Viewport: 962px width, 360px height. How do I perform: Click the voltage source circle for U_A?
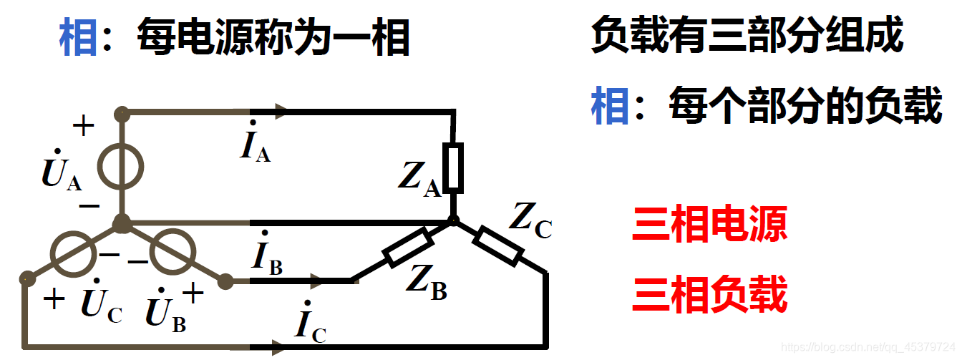pos(121,167)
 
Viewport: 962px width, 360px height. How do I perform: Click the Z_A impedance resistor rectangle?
pos(452,167)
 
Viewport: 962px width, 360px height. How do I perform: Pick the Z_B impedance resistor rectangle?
pos(408,247)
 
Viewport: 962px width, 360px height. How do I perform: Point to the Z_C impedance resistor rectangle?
pos(498,245)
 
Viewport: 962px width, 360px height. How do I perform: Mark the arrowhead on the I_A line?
pos(280,112)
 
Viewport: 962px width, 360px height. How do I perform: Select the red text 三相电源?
pos(709,225)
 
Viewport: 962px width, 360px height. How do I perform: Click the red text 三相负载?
pos(709,294)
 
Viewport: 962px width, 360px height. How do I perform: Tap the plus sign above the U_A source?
pos(83,127)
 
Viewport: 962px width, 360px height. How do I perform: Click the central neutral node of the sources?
pos(122,223)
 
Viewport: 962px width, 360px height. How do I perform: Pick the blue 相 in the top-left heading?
pos(78,38)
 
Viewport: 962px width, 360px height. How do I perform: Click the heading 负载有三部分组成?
pos(747,35)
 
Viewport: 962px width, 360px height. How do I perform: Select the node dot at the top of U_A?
pos(122,112)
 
